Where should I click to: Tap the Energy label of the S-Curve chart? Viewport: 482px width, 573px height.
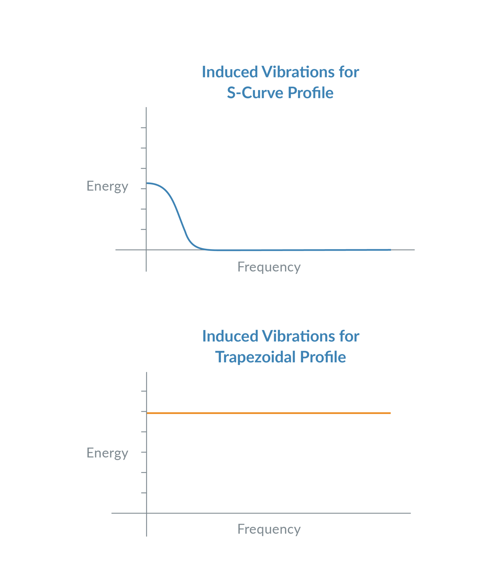pyautogui.click(x=107, y=186)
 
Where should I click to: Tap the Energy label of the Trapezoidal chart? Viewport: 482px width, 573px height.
pyautogui.click(x=107, y=453)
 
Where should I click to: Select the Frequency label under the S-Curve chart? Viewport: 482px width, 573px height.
pyautogui.click(x=269, y=267)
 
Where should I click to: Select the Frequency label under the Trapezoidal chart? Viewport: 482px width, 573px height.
pyautogui.click(x=269, y=529)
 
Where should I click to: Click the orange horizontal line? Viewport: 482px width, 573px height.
pyautogui.click(x=269, y=413)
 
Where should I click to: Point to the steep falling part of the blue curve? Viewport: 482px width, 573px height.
pyautogui.click(x=179, y=219)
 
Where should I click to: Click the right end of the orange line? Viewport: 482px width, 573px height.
pyautogui.click(x=390, y=413)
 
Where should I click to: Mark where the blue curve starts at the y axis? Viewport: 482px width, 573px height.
pyautogui.click(x=147, y=183)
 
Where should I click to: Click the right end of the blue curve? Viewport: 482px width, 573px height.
pyautogui.click(x=390, y=250)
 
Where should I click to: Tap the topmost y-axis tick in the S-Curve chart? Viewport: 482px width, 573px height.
pyautogui.click(x=143, y=127)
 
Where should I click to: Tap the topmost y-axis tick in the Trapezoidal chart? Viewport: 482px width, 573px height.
pyautogui.click(x=143, y=391)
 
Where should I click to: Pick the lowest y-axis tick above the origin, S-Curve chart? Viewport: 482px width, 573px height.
pyautogui.click(x=143, y=230)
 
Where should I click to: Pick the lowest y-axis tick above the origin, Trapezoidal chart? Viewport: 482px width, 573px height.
pyautogui.click(x=143, y=493)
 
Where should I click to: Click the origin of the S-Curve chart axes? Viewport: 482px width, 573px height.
pyautogui.click(x=146, y=250)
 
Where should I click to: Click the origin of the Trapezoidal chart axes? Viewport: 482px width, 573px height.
pyautogui.click(x=147, y=513)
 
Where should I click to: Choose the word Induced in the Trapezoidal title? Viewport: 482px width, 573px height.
pyautogui.click(x=230, y=337)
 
